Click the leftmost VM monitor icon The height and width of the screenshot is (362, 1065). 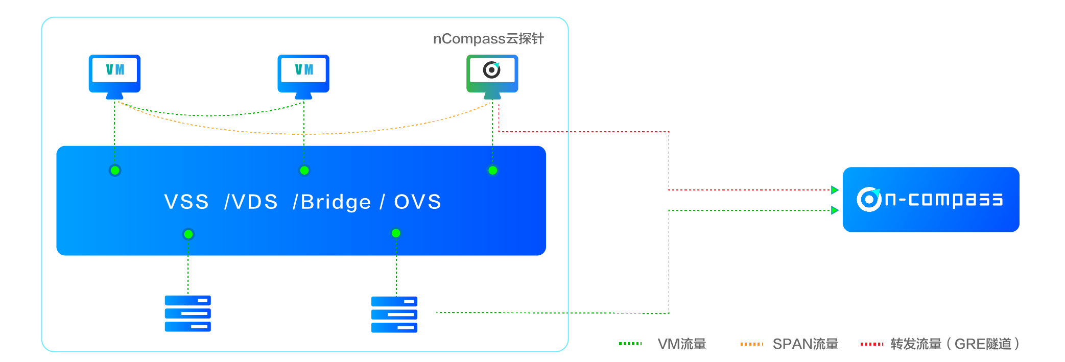(114, 75)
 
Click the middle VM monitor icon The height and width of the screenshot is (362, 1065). (303, 75)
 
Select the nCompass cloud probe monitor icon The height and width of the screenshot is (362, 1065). (492, 75)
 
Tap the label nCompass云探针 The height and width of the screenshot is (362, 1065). (488, 39)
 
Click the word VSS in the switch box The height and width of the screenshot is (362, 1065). (186, 202)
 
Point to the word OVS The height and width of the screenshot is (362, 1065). (417, 202)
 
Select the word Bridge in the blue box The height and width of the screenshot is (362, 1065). (336, 202)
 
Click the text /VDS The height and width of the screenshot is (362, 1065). (251, 202)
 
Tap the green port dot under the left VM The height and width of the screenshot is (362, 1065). (115, 171)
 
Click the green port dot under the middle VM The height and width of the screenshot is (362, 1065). (304, 171)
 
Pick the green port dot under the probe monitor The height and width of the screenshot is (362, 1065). (493, 171)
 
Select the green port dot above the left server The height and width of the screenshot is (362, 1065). (188, 234)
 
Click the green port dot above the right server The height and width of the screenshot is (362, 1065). (396, 233)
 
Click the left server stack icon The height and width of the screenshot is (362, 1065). (187, 313)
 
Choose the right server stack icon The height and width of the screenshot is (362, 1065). (394, 315)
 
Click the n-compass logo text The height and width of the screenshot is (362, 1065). (943, 199)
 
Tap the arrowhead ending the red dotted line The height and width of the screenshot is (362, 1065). (835, 190)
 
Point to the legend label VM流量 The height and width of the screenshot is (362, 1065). (681, 344)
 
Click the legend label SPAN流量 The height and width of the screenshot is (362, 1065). (805, 344)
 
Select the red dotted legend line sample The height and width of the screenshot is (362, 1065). (872, 344)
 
